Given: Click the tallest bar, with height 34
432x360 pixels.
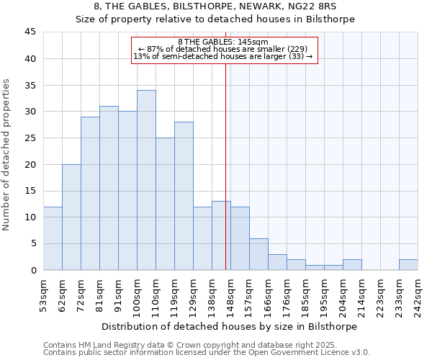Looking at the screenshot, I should pos(146,180).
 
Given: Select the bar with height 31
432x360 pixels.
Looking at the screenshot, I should pos(109,188).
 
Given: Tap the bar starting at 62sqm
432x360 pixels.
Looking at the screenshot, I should pos(71,217).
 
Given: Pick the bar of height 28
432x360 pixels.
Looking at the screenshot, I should pos(184,196).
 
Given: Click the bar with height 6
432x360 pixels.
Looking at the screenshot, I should pos(258,254).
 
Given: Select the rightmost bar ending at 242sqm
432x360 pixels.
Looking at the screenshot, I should pos(408,264).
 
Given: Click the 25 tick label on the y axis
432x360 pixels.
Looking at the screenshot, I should pos(30,138).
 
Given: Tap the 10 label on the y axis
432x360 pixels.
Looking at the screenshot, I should pos(30,217).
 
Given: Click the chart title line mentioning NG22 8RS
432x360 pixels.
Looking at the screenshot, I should pos(216,6).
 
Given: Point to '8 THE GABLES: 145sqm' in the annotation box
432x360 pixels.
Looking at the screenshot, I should pos(223,42).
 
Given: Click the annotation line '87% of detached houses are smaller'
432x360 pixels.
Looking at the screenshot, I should pos(223,49).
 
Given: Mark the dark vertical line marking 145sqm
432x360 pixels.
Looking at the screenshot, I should pos(225,166).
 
